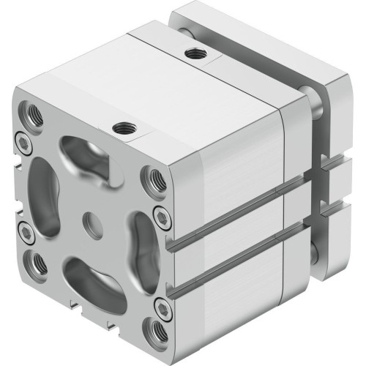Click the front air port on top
[x=122, y=129]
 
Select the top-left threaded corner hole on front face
[x=33, y=113]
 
